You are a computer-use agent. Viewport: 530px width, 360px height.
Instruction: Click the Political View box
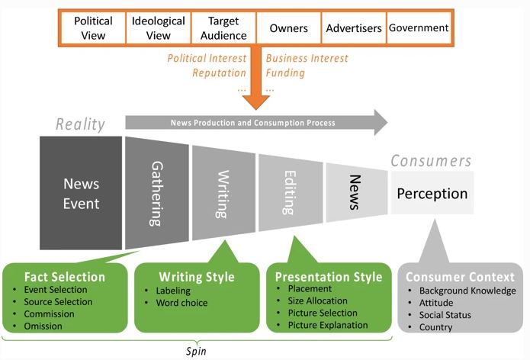[x=93, y=28]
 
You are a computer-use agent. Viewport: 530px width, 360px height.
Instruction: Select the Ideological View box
[x=158, y=28]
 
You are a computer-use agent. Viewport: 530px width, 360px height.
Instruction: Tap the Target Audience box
[x=223, y=28]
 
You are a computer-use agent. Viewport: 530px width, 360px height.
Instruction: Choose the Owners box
[x=288, y=28]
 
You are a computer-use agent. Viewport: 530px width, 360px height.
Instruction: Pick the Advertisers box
[x=353, y=28]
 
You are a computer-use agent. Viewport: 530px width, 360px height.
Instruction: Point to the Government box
[x=419, y=28]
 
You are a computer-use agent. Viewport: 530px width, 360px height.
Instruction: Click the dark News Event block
[x=81, y=194]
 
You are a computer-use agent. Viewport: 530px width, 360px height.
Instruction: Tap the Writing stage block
[x=223, y=194]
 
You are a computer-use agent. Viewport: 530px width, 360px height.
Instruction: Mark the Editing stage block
[x=290, y=194]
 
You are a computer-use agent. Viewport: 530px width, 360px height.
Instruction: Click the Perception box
[x=432, y=193]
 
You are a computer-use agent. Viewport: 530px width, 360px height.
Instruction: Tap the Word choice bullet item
[x=179, y=302]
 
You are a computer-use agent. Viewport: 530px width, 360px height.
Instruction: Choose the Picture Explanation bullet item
[x=328, y=326]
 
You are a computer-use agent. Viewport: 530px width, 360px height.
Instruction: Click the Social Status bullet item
[x=445, y=314]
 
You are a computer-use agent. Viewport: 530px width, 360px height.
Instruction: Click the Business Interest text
[x=307, y=59]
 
